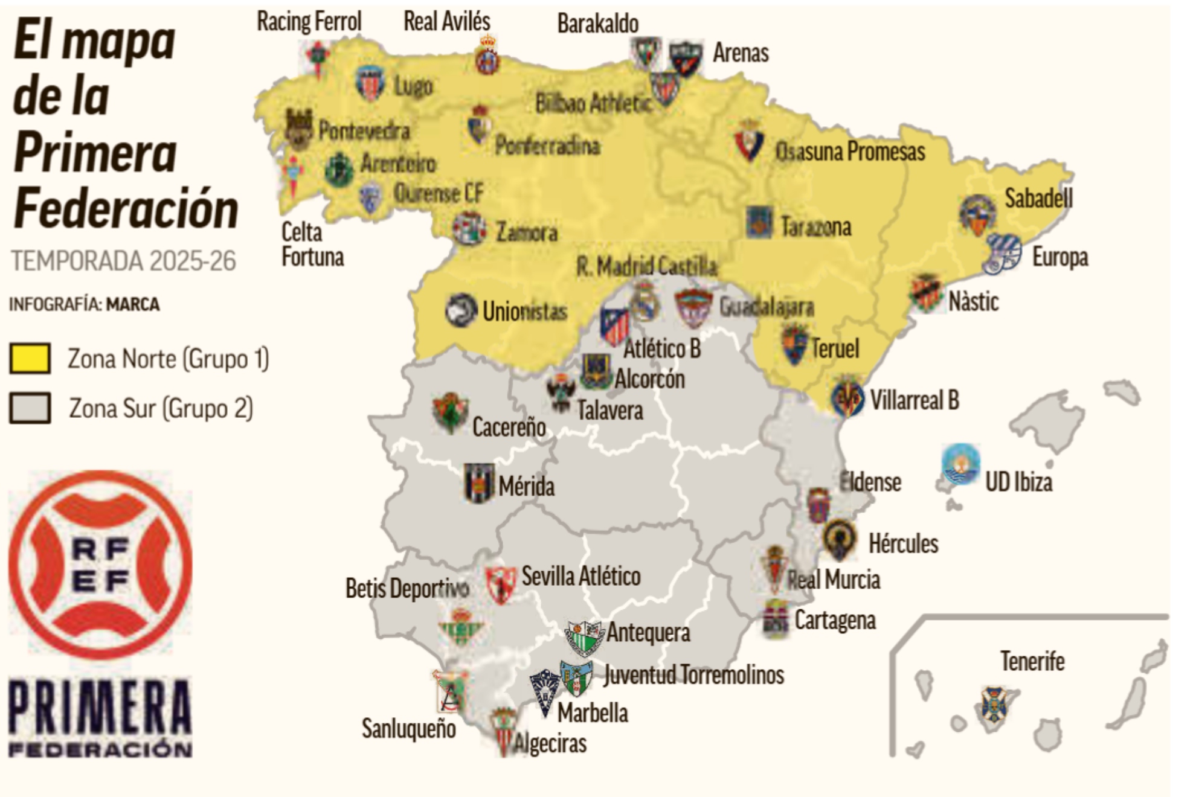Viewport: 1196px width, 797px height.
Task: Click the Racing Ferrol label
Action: coord(309,22)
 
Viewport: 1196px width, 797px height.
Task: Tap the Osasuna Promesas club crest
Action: coord(749,140)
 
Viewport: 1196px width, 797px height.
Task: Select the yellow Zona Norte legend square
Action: coord(30,359)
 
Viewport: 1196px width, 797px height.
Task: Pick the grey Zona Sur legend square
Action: coord(30,408)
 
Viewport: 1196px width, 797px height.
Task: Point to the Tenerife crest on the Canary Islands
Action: coord(992,705)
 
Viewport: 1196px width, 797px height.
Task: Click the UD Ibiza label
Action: coord(1018,482)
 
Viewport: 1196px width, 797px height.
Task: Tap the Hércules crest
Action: coord(840,537)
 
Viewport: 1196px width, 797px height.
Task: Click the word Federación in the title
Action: coord(126,209)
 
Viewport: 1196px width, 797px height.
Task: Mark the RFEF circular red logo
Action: coord(100,565)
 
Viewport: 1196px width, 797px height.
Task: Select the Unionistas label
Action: coord(524,312)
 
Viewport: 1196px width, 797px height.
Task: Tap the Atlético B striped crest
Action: coord(614,326)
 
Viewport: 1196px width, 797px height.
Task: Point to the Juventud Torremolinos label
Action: coord(693,675)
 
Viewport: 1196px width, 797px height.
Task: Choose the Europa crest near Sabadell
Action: coord(1003,254)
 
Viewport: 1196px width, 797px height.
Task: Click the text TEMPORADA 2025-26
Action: coord(123,261)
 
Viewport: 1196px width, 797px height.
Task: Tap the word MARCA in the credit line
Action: coord(133,304)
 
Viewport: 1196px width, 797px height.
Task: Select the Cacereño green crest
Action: coord(450,412)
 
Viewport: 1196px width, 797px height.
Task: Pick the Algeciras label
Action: coord(550,743)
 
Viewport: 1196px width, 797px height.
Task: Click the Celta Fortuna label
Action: coord(312,245)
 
